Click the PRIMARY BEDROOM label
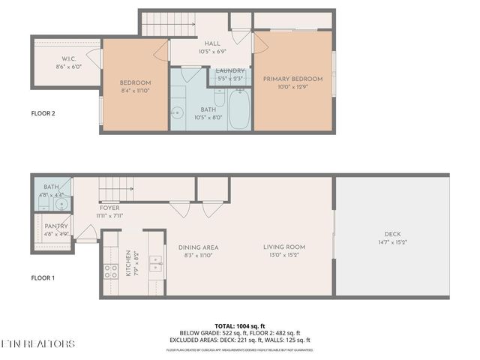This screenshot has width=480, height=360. click(x=292, y=79)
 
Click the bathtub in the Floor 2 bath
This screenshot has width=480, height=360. click(x=240, y=109)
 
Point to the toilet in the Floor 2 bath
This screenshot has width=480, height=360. click(x=220, y=97)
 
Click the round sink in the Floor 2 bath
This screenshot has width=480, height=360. click(x=177, y=114)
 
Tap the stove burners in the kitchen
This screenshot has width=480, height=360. click(x=110, y=271)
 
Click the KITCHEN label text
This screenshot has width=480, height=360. click(x=128, y=263)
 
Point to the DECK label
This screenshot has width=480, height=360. click(x=393, y=234)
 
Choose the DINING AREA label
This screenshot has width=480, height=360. click(x=198, y=247)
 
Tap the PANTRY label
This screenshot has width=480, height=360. click(x=56, y=226)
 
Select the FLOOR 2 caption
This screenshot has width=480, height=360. click(x=43, y=114)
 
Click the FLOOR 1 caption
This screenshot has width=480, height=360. click(x=43, y=277)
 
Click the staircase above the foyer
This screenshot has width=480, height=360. click(x=117, y=187)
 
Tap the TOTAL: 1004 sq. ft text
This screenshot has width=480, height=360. click(x=239, y=325)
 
